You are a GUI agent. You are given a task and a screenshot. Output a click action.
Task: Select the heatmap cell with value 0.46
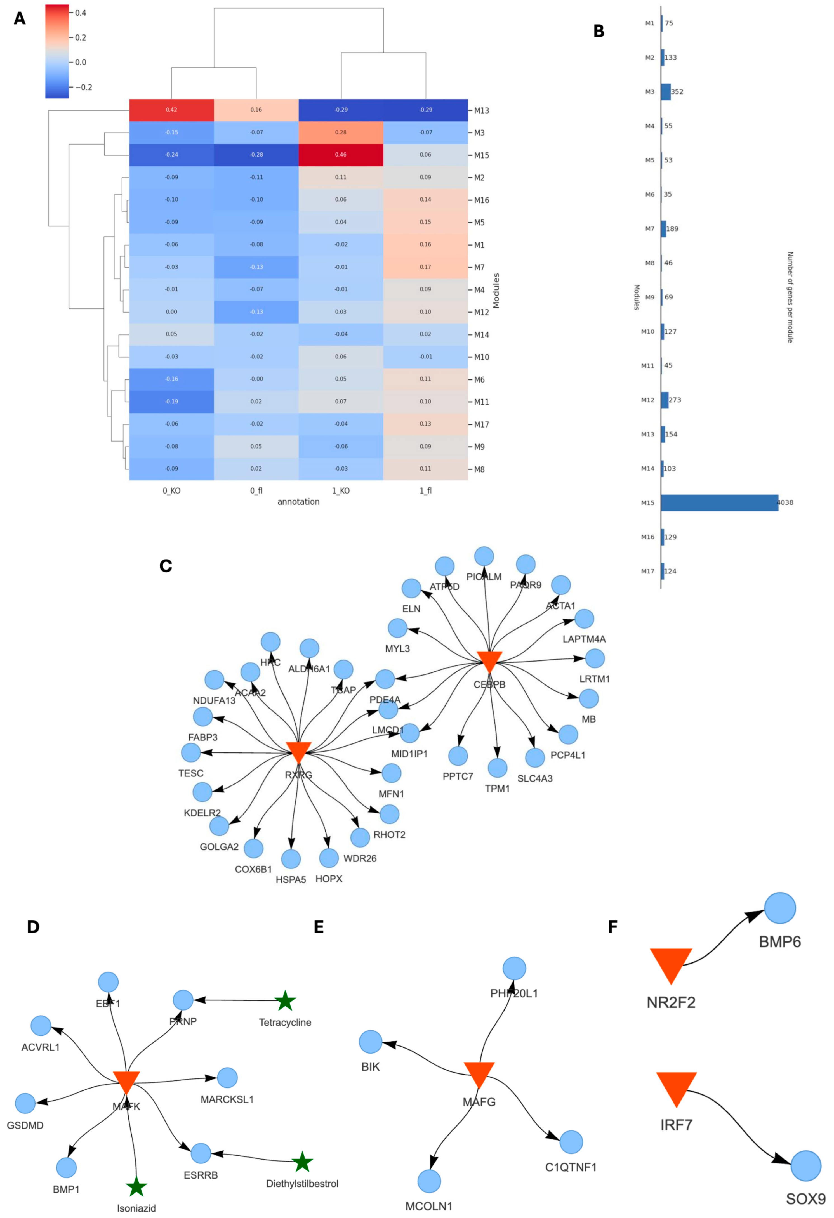pyautogui.click(x=341, y=155)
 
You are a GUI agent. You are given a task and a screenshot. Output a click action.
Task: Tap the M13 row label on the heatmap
pyautogui.click(x=481, y=110)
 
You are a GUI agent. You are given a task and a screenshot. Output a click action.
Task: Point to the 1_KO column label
pyautogui.click(x=341, y=490)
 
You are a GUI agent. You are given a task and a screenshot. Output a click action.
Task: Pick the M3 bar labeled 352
pyautogui.click(x=665, y=92)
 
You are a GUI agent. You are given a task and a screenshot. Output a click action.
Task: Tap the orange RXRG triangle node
pyautogui.click(x=299, y=752)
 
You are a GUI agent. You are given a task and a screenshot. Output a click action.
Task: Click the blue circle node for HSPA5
pyautogui.click(x=291, y=859)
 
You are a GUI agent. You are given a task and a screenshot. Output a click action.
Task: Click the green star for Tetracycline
pyautogui.click(x=285, y=1000)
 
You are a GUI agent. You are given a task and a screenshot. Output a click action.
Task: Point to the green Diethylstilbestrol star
pyautogui.click(x=302, y=1162)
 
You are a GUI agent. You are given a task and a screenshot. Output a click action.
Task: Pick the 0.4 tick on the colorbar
pyautogui.click(x=80, y=13)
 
